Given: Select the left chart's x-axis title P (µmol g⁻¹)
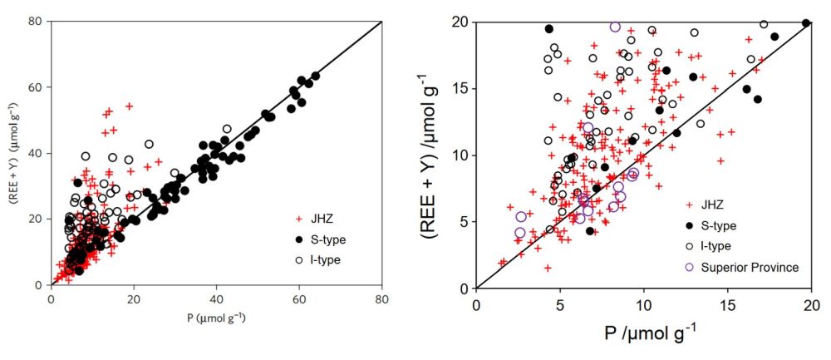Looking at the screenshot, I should pyautogui.click(x=216, y=317).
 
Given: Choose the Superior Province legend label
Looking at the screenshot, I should pyautogui.click(x=748, y=267).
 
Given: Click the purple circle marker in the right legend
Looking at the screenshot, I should pyautogui.click(x=688, y=267).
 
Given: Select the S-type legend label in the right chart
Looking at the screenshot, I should pyautogui.click(x=723, y=225).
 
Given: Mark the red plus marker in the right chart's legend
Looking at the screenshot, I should pyautogui.click(x=688, y=205).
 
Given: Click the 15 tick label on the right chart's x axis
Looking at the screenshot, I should pyautogui.click(x=727, y=306).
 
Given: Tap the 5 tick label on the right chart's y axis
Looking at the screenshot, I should pyautogui.click(x=460, y=222).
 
